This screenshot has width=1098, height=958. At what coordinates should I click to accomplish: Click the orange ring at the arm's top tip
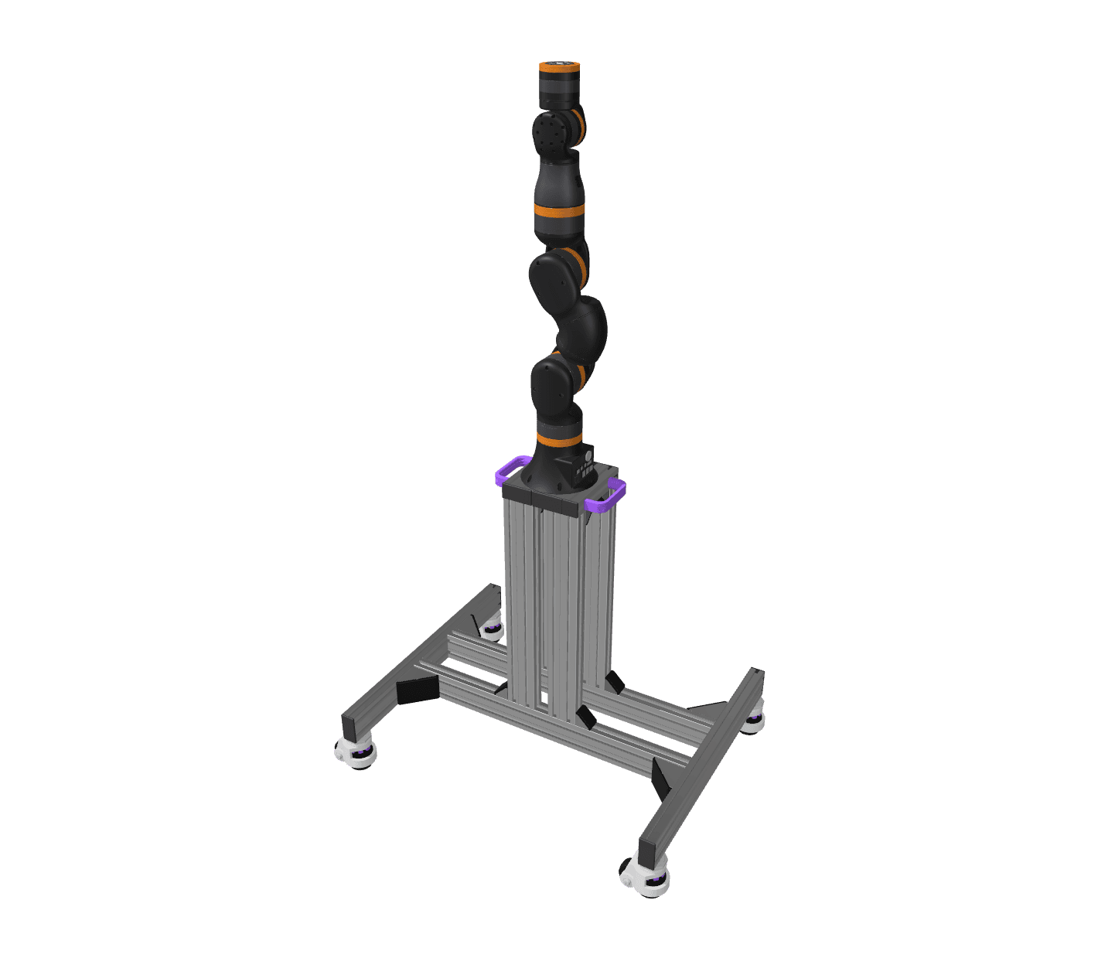coord(559,69)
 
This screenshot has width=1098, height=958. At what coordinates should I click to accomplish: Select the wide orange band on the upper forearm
coord(558,211)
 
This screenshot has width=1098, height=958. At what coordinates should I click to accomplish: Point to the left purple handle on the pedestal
coord(511,469)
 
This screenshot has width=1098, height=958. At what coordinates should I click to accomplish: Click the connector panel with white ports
coord(583,469)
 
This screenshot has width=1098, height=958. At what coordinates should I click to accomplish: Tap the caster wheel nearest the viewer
coord(644,878)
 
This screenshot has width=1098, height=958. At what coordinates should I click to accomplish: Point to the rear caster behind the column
coord(491,629)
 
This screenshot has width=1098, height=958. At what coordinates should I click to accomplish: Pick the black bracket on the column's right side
coord(615,682)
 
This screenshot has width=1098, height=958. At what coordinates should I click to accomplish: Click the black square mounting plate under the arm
coord(553,495)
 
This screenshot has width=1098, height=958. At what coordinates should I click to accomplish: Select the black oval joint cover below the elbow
coord(552,387)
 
